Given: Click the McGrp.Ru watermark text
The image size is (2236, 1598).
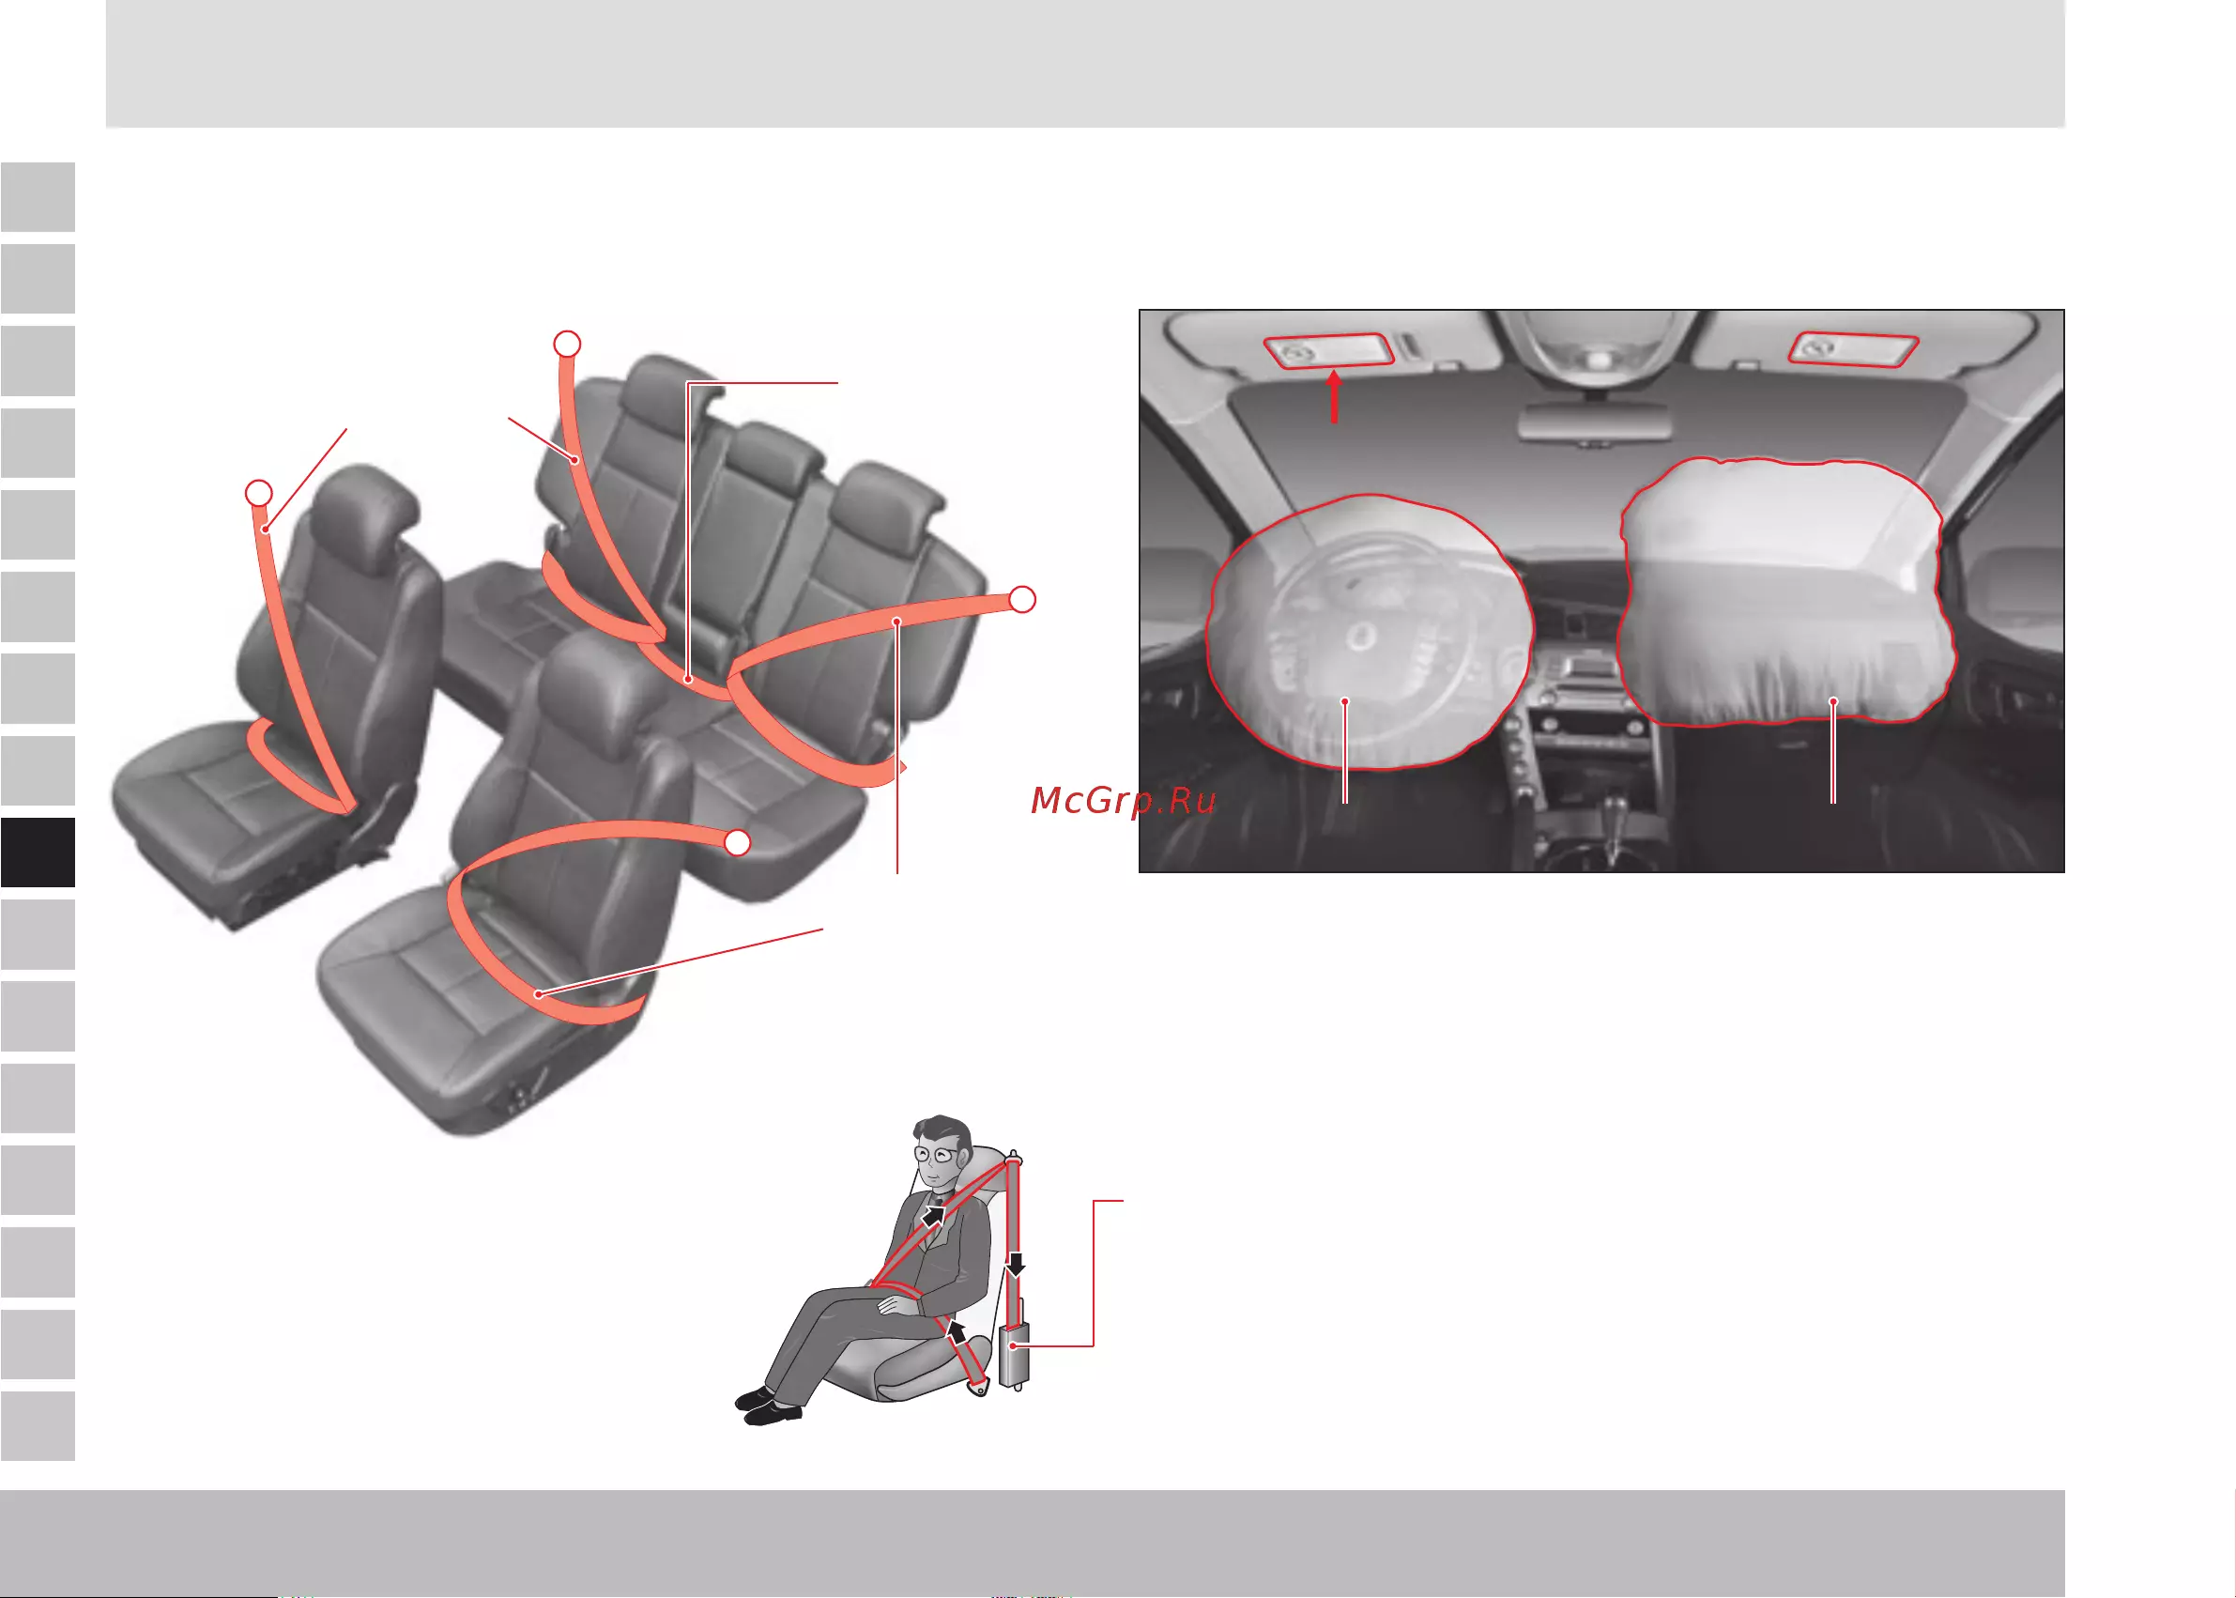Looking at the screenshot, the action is point(1124,800).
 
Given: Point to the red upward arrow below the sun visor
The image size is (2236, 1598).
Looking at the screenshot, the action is point(1334,395).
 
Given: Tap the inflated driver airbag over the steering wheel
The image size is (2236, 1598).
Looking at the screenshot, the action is point(1370,632).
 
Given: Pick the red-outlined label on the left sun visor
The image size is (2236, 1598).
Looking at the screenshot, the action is point(1329,350).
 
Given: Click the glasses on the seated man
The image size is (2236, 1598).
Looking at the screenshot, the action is point(936,1154).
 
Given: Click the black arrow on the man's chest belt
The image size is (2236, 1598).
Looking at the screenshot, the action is point(934,1216).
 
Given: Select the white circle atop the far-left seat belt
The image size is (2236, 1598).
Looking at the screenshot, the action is point(259,492).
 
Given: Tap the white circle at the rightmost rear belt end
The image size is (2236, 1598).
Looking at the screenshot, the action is point(1023,598).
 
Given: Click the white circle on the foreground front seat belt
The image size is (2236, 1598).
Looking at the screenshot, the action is point(738,842).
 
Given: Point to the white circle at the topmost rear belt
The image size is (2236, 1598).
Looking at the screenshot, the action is point(567,344).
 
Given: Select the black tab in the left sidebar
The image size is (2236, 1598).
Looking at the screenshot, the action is point(38,853).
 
